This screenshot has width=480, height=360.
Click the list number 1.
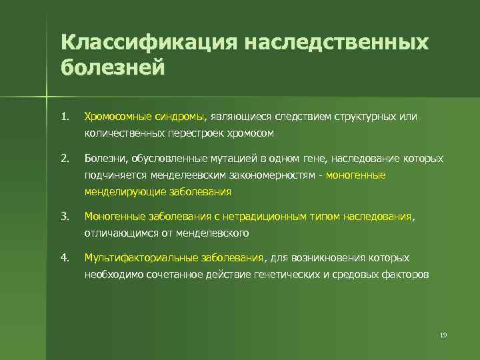64,117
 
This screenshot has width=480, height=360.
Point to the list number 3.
64,216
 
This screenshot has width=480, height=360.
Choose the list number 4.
64,257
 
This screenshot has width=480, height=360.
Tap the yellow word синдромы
183,117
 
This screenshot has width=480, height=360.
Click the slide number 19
443,334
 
